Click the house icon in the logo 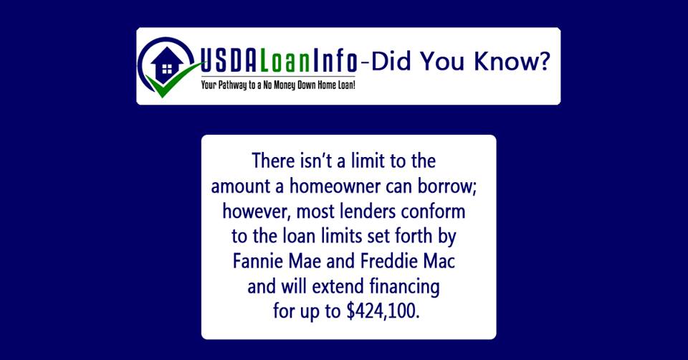click(167, 65)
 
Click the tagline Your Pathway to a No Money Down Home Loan click(278, 85)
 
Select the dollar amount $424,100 click(383, 311)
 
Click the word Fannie click(258, 261)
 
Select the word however click(257, 212)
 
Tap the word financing click(403, 287)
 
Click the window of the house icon click(167, 69)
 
